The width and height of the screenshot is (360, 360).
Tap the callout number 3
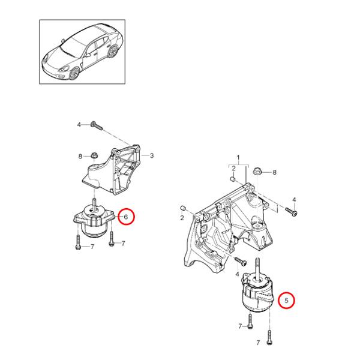pos(152,155)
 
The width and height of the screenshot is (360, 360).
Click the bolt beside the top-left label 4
pos(97,126)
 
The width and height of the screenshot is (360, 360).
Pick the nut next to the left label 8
pos(94,156)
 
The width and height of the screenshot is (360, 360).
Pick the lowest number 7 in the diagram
pos(259,342)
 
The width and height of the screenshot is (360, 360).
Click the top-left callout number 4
pos(78,125)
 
